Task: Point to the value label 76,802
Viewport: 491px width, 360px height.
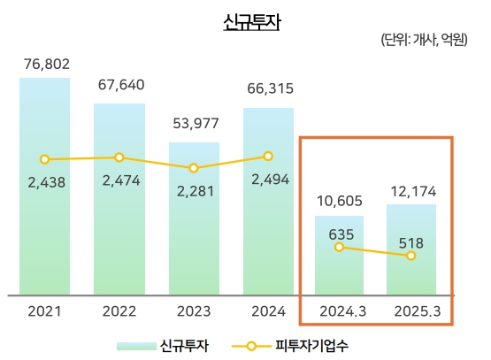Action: (44, 65)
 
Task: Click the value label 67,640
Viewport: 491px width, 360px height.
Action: (119, 85)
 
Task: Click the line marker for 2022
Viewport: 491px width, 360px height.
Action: (119, 157)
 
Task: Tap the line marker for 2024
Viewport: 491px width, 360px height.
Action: (268, 157)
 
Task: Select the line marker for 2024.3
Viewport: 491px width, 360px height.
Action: (338, 247)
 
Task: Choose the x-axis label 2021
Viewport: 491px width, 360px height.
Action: (44, 311)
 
